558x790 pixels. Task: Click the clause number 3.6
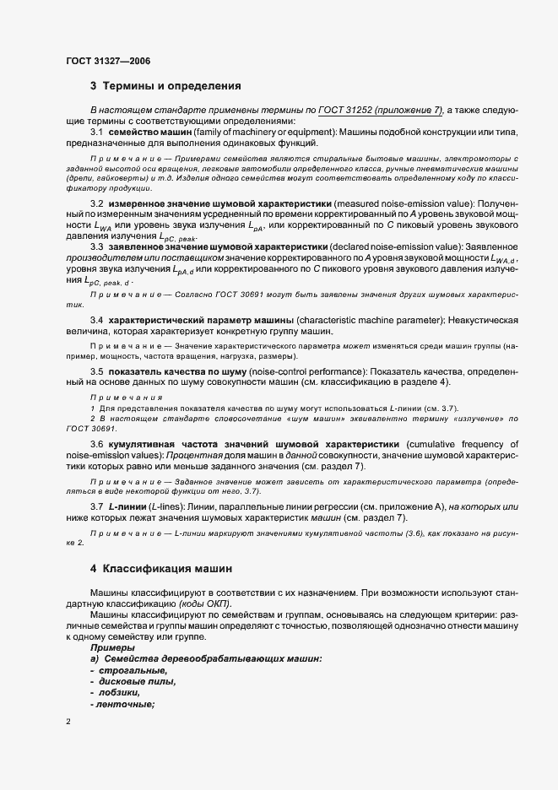click(x=96, y=445)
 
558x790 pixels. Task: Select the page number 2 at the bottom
click(x=68, y=722)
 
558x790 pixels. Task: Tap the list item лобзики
click(x=117, y=692)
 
